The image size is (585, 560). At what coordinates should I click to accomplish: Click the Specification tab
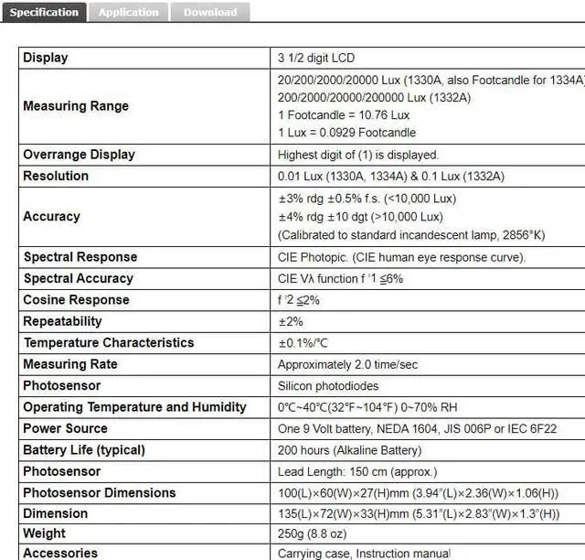tap(44, 12)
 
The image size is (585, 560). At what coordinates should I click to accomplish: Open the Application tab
tap(128, 12)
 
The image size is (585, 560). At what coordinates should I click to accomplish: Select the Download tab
tap(209, 12)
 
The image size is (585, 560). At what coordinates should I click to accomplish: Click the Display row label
tap(46, 58)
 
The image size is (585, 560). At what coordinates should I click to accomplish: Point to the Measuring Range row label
tap(76, 106)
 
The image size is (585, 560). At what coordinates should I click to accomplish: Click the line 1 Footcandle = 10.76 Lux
tap(344, 115)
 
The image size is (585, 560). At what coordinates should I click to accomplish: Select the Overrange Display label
tap(79, 155)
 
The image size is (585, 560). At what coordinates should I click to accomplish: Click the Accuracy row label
tap(51, 217)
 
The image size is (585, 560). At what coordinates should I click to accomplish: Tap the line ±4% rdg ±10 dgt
tap(360, 217)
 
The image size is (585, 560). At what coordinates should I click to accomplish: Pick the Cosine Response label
tap(76, 300)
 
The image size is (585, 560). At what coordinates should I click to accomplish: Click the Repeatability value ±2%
tap(292, 321)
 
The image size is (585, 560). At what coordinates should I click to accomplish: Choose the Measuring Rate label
tap(70, 364)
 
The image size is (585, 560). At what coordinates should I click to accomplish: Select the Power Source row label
tap(65, 428)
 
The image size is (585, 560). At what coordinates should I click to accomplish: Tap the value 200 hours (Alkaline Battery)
tap(350, 450)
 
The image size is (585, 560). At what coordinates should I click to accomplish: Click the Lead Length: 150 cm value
tap(357, 472)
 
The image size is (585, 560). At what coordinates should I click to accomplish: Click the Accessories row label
tap(60, 553)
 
